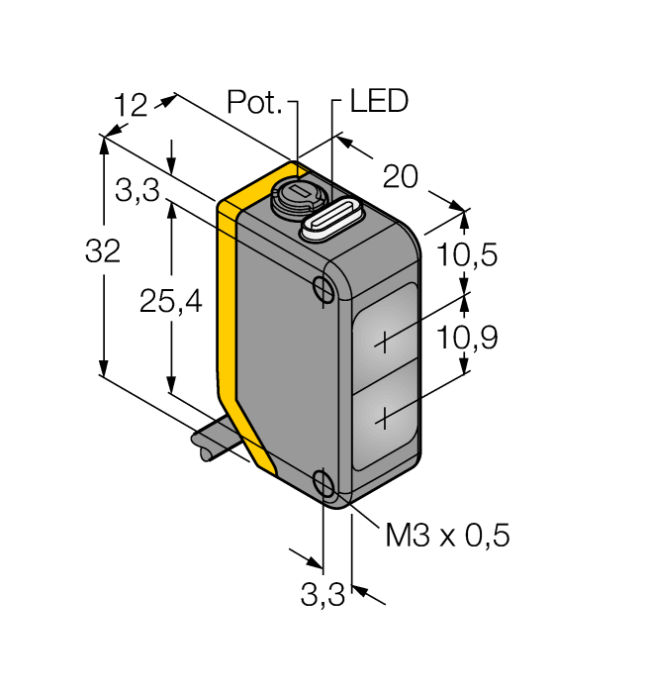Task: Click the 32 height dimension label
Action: [103, 252]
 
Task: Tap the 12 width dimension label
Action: [131, 105]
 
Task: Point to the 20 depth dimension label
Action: [401, 177]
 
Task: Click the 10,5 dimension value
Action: [467, 255]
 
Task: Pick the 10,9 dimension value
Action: [467, 339]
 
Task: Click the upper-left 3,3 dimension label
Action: [137, 191]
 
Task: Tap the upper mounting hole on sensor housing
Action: [323, 288]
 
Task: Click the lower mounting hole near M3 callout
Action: [323, 483]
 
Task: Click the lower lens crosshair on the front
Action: [384, 420]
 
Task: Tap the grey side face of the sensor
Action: [282, 366]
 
